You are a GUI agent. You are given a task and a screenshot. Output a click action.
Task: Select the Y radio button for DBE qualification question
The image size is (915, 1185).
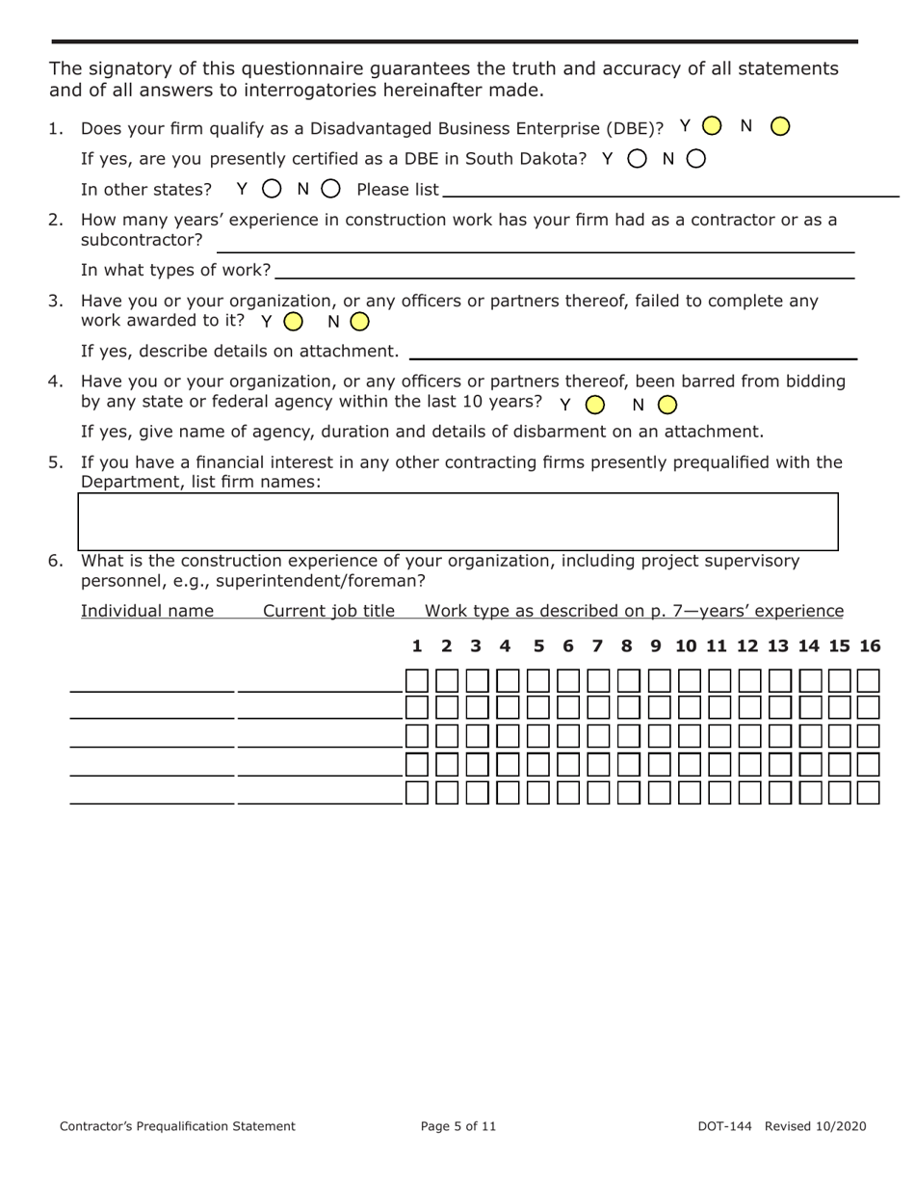(x=712, y=126)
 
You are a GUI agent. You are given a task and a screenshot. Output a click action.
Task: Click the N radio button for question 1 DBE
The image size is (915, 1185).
(x=781, y=126)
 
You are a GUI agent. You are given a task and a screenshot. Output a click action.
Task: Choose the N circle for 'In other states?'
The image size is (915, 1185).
(x=330, y=189)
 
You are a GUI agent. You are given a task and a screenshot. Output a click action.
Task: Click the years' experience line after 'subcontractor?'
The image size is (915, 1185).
(x=534, y=249)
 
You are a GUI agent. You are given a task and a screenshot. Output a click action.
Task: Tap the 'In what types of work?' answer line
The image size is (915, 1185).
(x=564, y=275)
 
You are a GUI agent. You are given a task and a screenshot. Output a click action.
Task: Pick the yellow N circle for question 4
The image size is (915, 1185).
(x=667, y=405)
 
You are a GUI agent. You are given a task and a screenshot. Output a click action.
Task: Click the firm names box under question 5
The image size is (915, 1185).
(x=457, y=521)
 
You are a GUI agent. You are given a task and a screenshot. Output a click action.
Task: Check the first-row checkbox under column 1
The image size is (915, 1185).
(x=417, y=681)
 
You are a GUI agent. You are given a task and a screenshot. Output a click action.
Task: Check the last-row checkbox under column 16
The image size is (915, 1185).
(x=869, y=793)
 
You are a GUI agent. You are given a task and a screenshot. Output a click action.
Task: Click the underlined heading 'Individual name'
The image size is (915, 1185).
(x=147, y=611)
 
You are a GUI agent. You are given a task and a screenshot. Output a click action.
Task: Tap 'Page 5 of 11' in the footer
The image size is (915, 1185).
(x=458, y=1125)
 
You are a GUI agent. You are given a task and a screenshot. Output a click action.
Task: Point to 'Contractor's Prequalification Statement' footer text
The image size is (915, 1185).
(x=177, y=1125)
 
